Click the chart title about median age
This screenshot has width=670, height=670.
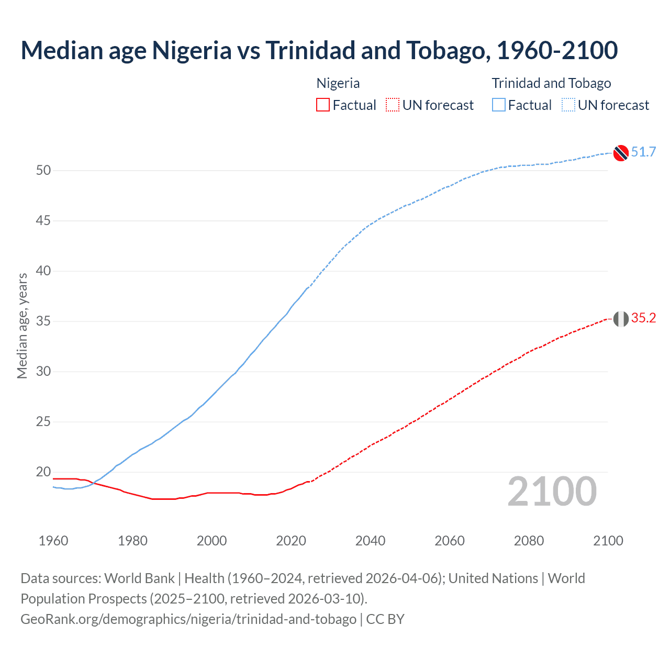click(319, 50)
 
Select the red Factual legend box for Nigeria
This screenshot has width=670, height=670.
click(323, 105)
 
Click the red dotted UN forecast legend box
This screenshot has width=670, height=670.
click(393, 105)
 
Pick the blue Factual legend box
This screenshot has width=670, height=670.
click(498, 105)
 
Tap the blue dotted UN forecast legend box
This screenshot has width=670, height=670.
click(568, 105)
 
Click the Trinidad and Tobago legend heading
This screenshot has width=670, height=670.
click(551, 83)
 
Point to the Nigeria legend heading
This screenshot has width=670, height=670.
click(338, 83)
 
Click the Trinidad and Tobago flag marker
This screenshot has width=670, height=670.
click(621, 153)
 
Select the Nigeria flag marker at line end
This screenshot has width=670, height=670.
click(621, 318)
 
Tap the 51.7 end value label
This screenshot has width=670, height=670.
click(643, 152)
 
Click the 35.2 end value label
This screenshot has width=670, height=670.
click(643, 318)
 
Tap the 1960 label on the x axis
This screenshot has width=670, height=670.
click(53, 541)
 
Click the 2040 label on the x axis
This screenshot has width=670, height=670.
click(370, 541)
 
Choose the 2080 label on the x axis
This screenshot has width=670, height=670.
click(529, 541)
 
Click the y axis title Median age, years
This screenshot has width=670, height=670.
click(22, 326)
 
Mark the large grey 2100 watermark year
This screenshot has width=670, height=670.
click(552, 492)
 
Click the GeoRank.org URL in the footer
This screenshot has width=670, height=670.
click(188, 619)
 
